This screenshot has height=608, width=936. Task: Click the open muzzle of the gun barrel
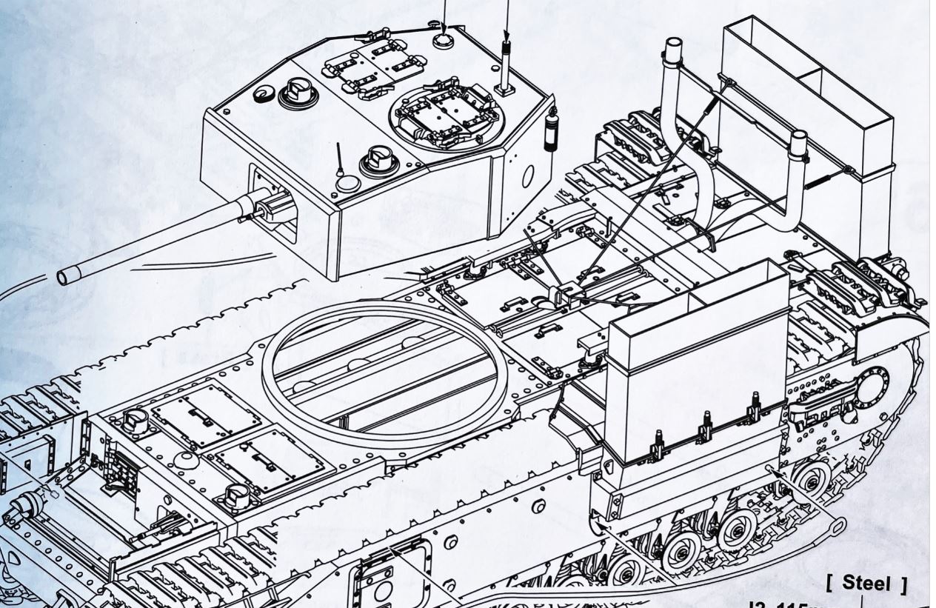(64, 276)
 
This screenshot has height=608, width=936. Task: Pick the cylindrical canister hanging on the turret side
(550, 129)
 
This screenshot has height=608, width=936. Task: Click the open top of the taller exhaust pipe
(672, 45)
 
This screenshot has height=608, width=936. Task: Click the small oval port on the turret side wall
(528, 176)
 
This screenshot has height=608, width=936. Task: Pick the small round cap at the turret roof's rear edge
(443, 40)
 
